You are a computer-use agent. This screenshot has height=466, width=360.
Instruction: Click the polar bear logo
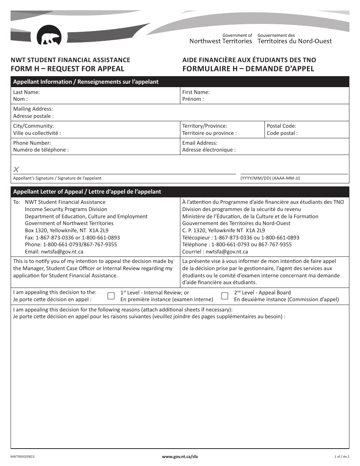(x=49, y=37)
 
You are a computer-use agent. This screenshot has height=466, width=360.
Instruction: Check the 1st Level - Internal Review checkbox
(x=111, y=296)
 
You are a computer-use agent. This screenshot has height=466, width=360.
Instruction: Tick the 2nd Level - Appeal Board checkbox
(x=225, y=296)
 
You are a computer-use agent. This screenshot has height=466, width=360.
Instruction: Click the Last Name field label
(x=26, y=92)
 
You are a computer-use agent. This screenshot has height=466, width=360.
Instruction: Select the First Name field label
(x=196, y=92)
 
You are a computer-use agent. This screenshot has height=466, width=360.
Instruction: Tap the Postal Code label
(x=281, y=126)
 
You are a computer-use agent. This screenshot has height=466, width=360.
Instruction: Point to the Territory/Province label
(x=205, y=126)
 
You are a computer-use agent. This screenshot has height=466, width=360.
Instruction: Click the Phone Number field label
(x=32, y=143)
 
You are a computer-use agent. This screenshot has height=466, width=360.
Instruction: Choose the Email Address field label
(x=200, y=143)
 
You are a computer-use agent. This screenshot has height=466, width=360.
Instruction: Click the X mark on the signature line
(x=16, y=169)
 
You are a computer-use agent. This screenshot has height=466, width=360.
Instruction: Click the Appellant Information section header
(x=86, y=82)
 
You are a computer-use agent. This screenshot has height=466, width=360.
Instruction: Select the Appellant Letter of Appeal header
(x=87, y=192)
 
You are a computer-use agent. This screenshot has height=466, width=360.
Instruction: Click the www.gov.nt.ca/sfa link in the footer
(x=180, y=457)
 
